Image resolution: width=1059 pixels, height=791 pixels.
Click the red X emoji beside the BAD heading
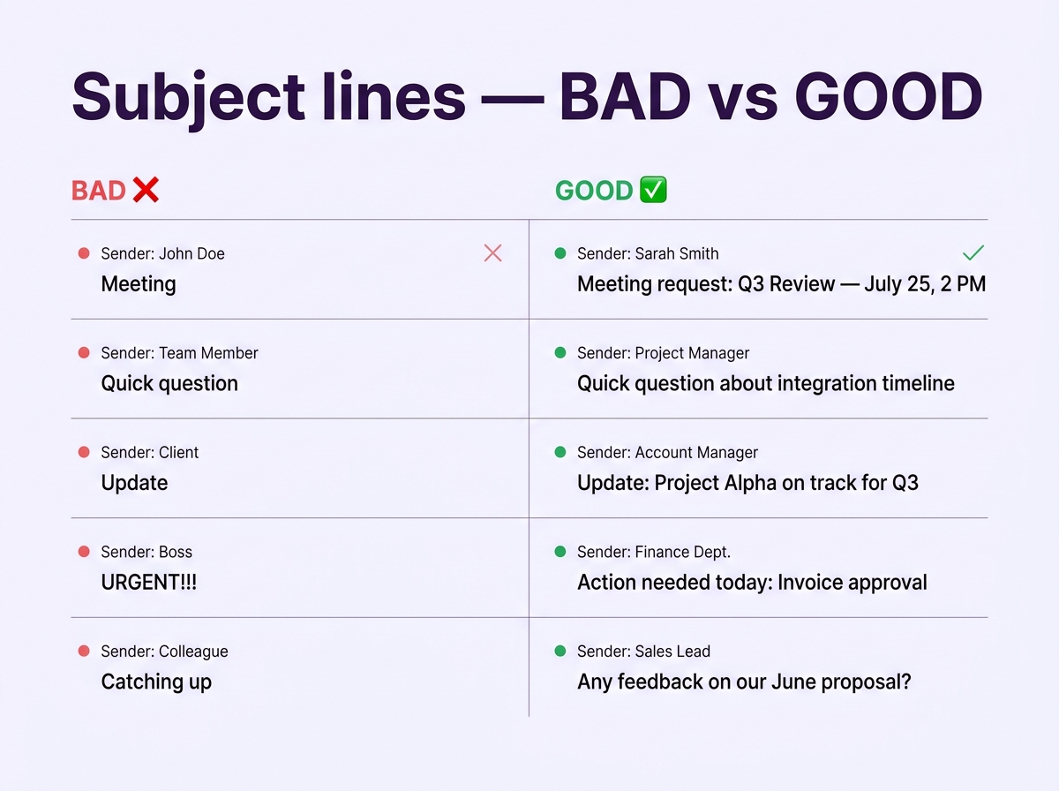pyautogui.click(x=146, y=190)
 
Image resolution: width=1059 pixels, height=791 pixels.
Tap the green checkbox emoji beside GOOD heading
pyautogui.click(x=653, y=190)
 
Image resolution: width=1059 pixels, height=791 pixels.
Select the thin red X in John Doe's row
pyautogui.click(x=493, y=253)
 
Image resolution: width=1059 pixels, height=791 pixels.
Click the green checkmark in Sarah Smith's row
pyautogui.click(x=973, y=253)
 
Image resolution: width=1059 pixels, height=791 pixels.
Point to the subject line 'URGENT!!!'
pyautogui.click(x=148, y=583)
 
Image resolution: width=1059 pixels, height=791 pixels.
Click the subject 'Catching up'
pyautogui.click(x=156, y=682)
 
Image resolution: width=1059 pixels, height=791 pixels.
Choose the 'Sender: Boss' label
pyautogui.click(x=146, y=552)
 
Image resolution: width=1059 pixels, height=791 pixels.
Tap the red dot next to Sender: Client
pyautogui.click(x=84, y=452)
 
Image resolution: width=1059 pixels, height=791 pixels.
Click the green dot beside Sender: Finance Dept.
pyautogui.click(x=560, y=552)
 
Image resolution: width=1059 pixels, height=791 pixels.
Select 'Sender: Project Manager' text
pyautogui.click(x=663, y=353)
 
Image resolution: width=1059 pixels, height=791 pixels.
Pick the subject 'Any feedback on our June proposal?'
pyautogui.click(x=744, y=682)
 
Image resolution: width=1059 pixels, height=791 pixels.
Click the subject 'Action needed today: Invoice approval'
pyautogui.click(x=752, y=583)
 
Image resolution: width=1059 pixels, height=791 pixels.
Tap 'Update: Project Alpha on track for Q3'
pyautogui.click(x=747, y=483)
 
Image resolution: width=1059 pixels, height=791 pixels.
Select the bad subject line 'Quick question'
pyautogui.click(x=169, y=383)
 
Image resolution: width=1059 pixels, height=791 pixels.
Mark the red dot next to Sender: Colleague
pyautogui.click(x=84, y=651)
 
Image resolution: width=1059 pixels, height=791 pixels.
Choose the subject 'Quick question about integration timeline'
pyautogui.click(x=765, y=383)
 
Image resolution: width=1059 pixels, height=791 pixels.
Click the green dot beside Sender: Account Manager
pyautogui.click(x=560, y=452)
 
